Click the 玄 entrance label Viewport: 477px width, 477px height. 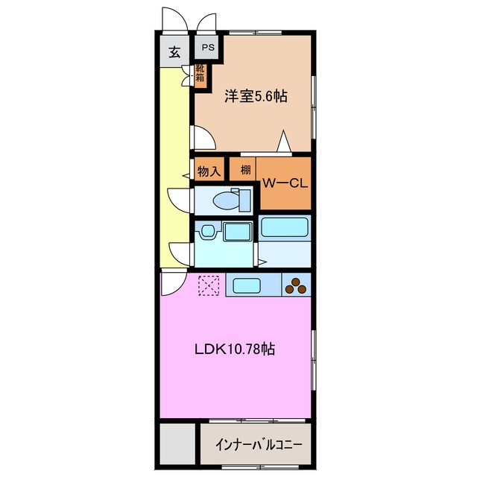[x=174, y=52]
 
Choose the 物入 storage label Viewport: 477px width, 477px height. [x=209, y=171]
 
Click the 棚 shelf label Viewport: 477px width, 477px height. [x=245, y=169]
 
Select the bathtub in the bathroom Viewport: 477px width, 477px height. [x=284, y=228]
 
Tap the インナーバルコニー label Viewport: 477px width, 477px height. [x=258, y=445]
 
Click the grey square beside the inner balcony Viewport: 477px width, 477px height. [x=176, y=445]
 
